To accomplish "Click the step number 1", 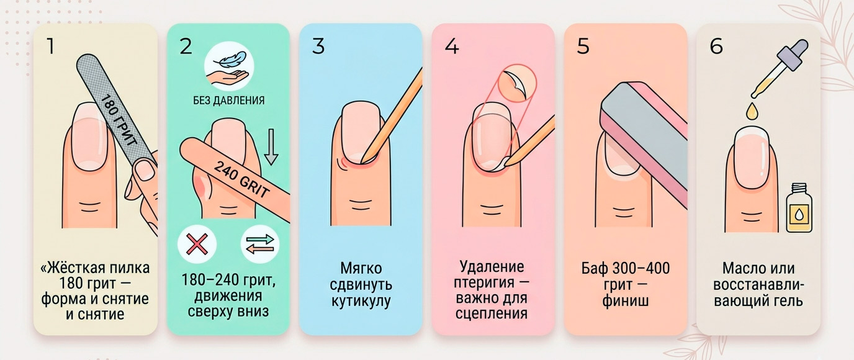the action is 50,47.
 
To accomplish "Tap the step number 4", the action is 452,47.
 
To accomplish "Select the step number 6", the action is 716,47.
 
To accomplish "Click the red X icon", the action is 197,244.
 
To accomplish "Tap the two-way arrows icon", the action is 260,245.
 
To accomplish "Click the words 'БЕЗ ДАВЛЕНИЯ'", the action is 229,101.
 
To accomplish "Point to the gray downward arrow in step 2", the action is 271,147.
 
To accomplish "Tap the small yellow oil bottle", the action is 798,208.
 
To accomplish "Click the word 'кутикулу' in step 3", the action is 361,301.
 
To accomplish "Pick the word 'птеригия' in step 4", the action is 485,283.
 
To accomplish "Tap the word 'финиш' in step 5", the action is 625,300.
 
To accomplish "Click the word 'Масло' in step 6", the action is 739,268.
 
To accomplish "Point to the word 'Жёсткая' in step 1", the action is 74,268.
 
